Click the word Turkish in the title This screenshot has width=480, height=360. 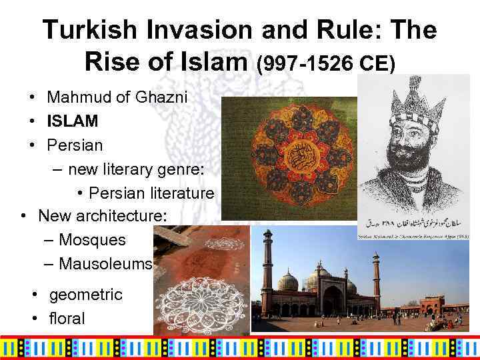tap(84, 30)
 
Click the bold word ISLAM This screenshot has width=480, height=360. tap(72, 121)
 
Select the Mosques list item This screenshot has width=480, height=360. tap(92, 239)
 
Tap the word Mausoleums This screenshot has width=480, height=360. tap(106, 263)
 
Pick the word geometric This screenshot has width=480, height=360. tap(86, 294)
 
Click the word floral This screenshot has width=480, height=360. tap(67, 318)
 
